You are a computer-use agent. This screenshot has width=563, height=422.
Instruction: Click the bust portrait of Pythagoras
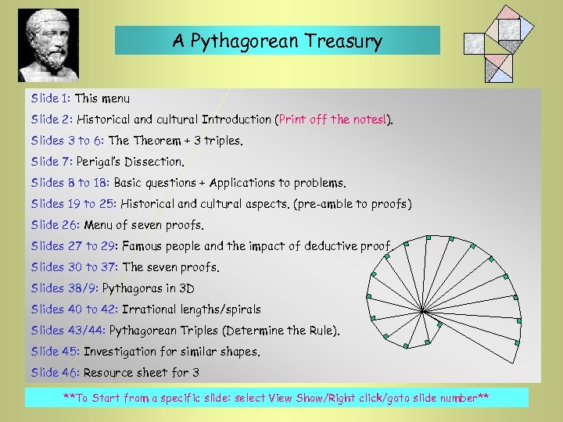click(x=48, y=45)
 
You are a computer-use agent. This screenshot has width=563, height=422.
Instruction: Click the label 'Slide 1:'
click(x=51, y=98)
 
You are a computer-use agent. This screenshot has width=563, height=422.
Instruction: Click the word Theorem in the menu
click(x=157, y=141)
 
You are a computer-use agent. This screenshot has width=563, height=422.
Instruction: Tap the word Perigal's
click(x=102, y=162)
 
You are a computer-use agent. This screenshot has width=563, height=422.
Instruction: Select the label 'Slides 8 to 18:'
click(x=70, y=183)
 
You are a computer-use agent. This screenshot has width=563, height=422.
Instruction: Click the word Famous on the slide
click(x=142, y=246)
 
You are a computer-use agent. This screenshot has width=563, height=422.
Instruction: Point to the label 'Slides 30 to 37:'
click(x=74, y=267)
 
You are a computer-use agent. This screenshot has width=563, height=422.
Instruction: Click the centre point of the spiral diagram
click(x=423, y=311)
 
